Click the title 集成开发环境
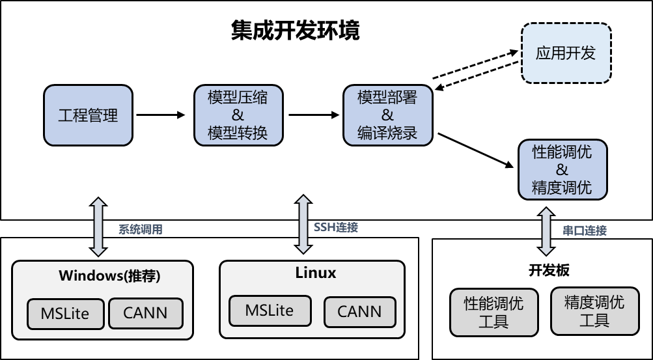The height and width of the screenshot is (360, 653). (x=295, y=30)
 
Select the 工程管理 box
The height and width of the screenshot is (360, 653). (x=88, y=115)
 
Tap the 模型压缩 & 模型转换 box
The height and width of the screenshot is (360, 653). (x=237, y=115)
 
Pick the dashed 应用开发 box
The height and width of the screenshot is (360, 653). (x=566, y=53)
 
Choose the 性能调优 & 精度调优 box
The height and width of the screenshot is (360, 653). (x=562, y=169)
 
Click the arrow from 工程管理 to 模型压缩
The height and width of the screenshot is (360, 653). (x=161, y=115)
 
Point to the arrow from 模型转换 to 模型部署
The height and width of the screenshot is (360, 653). (x=314, y=115)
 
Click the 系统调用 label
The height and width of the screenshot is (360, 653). (x=140, y=229)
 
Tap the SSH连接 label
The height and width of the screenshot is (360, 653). (x=335, y=228)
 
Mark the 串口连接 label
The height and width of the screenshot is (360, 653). (x=584, y=230)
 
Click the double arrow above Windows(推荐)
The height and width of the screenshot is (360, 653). (x=97, y=226)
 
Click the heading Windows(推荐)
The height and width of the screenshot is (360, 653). (x=109, y=275)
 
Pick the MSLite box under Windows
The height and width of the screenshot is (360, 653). (x=64, y=314)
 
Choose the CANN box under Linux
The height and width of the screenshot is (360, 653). (x=359, y=311)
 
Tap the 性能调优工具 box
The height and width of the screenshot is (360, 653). (x=493, y=312)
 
